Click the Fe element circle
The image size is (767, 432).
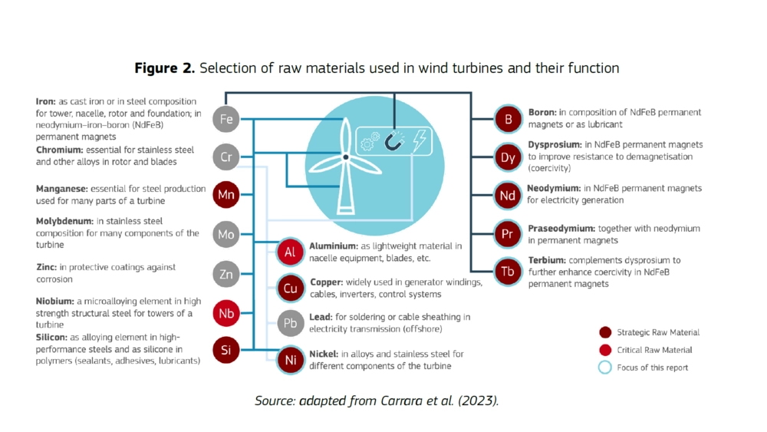(226, 119)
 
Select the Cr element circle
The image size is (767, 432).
(226, 157)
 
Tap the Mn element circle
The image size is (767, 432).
(226, 195)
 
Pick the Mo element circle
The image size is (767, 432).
(226, 234)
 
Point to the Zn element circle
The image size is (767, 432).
(226, 273)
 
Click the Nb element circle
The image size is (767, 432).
(226, 313)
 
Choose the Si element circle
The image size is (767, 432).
(226, 351)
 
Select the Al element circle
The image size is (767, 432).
(290, 252)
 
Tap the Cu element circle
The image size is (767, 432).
(290, 289)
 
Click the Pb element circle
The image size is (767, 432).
(290, 323)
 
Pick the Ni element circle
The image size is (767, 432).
(290, 360)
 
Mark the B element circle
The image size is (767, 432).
(508, 119)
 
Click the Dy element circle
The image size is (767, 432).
(508, 157)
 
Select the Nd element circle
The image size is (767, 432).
(508, 196)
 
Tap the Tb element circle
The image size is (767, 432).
(508, 272)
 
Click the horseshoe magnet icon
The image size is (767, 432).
(394, 140)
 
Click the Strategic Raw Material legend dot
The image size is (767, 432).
(605, 332)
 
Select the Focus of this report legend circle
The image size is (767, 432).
(605, 367)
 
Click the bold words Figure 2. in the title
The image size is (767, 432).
(165, 68)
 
